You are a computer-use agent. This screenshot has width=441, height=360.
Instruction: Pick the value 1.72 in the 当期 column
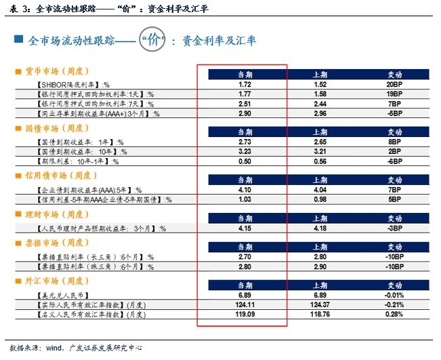245,84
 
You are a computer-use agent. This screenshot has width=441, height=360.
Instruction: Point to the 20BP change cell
394,84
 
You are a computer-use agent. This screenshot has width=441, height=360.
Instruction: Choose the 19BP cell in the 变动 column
394,94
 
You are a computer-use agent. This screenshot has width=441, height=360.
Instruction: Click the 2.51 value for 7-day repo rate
245,104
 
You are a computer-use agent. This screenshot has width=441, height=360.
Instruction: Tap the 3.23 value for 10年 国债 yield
245,152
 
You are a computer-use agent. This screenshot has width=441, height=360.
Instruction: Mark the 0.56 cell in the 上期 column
321,162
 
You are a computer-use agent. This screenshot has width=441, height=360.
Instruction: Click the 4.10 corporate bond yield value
245,191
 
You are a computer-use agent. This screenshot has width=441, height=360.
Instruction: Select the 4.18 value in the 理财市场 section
321,229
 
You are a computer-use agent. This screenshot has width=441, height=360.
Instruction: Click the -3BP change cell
394,229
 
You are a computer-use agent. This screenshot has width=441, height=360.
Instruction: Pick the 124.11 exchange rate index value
245,306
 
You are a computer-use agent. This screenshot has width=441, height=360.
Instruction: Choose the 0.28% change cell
394,315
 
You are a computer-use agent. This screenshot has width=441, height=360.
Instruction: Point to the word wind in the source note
54,348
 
